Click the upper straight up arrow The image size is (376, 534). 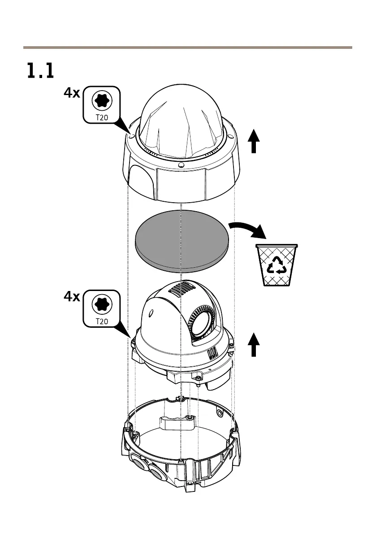254,141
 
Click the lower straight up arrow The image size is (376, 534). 254,345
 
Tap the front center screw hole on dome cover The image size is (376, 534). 181,165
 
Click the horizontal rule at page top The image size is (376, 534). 188,47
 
